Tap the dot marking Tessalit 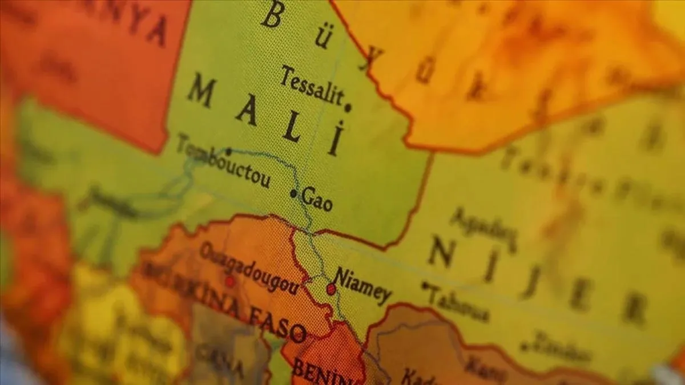coord(348,107)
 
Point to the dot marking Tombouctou coord(228,152)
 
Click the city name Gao coord(317,199)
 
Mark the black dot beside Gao coord(293,193)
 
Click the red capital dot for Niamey coord(331,289)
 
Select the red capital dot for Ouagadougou coord(229,281)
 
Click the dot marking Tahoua coord(424,285)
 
